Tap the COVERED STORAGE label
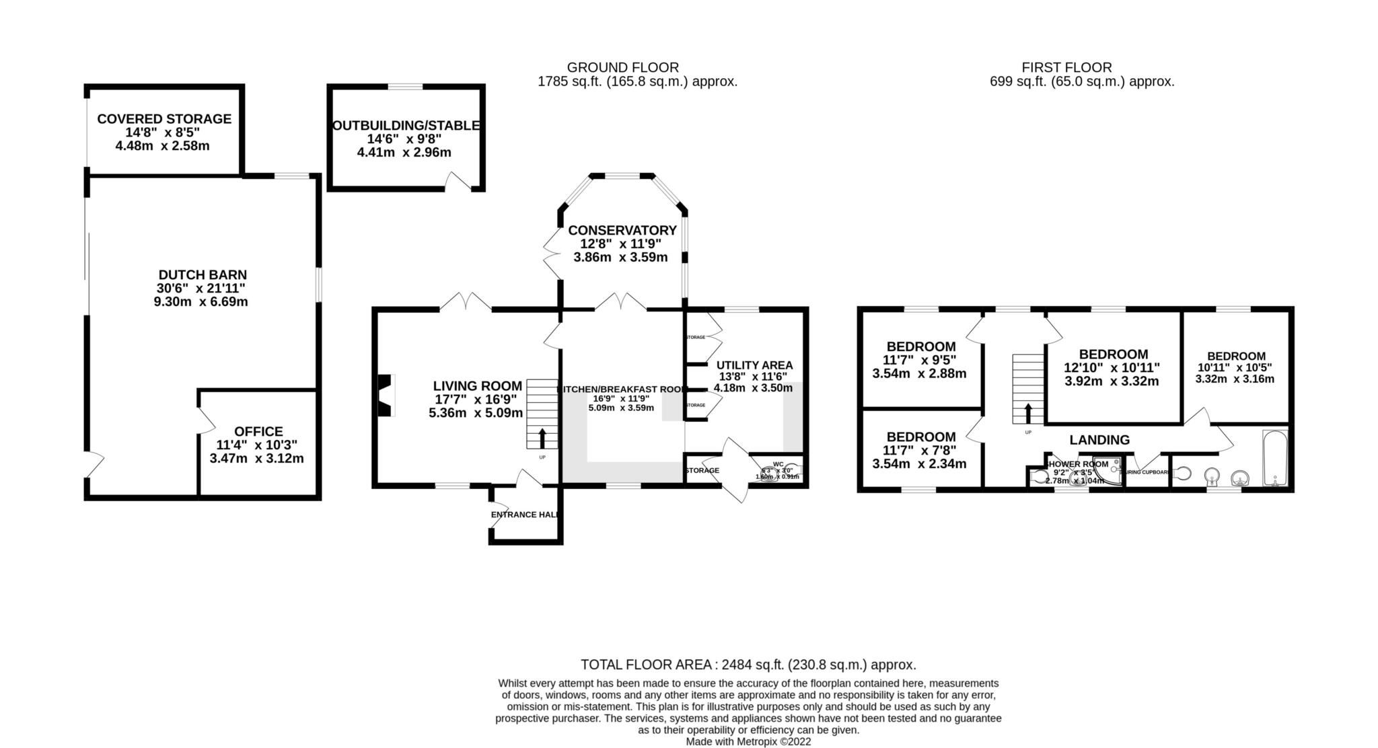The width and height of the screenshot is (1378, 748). pos(164,119)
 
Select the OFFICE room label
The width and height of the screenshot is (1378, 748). pos(258,431)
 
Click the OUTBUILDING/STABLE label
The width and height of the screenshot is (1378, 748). pos(406,126)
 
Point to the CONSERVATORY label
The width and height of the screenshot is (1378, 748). pos(622,231)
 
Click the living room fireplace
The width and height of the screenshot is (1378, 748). pos(384,396)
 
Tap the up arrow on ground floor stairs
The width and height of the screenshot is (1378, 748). pos(542,438)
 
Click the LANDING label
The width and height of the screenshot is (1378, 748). pos(1099,440)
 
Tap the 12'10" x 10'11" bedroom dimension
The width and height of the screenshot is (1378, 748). pos(1112,368)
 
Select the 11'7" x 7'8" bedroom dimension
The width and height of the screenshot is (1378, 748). pos(918,451)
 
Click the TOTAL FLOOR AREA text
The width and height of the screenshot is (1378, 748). pos(748,665)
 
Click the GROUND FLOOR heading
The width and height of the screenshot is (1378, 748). pos(622,67)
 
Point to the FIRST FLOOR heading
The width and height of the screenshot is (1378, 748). pos(1066,67)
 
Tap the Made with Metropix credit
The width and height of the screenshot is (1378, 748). pos(748,741)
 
